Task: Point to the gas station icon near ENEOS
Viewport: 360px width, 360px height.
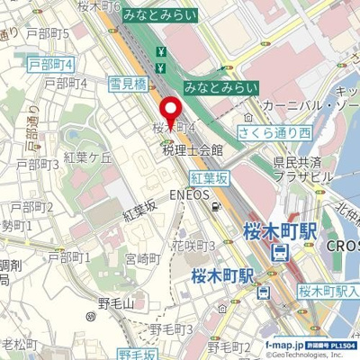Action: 216,206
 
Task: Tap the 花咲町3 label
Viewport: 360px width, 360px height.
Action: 193,245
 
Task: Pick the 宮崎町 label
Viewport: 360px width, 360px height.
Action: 142,258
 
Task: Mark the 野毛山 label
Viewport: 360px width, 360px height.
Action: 115,304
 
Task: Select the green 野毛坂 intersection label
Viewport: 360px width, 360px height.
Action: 137,352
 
